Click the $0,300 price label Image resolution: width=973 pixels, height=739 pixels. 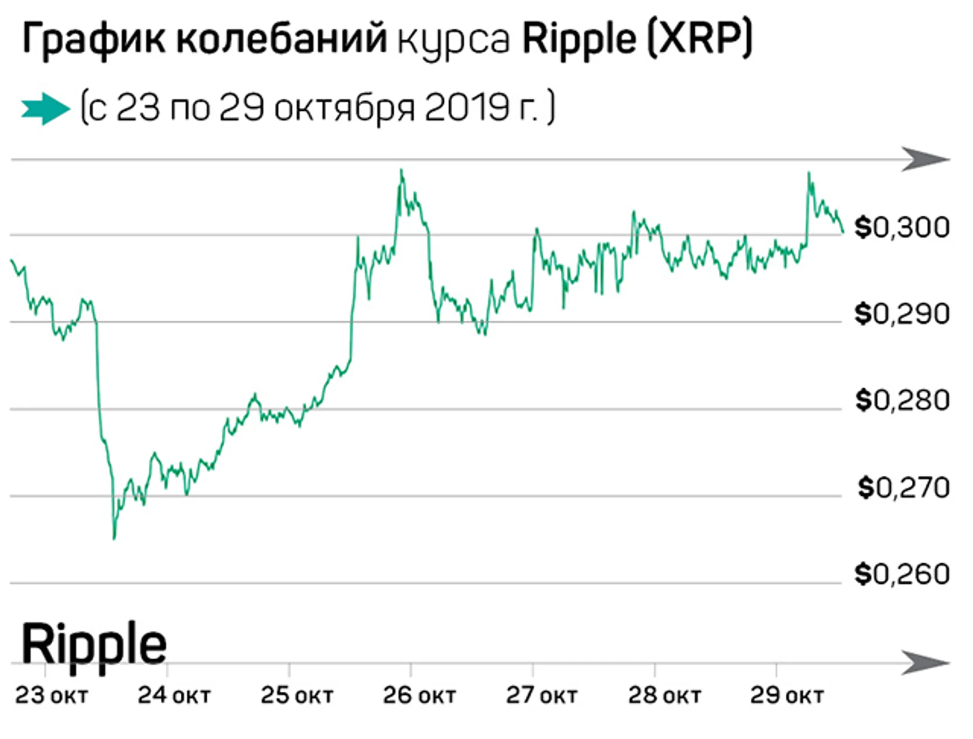(902, 228)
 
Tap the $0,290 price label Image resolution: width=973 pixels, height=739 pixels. (902, 314)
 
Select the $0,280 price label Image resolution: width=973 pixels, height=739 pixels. (902, 401)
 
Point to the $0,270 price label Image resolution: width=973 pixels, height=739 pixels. (904, 488)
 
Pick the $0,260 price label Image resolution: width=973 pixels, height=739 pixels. (902, 575)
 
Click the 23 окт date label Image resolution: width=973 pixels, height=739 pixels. (51, 696)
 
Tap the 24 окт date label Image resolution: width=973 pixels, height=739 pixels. (174, 696)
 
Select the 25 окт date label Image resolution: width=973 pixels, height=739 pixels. (297, 696)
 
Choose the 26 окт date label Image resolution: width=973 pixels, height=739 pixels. (419, 696)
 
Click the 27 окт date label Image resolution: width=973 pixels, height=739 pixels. (541, 696)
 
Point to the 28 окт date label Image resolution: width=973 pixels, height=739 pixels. (664, 696)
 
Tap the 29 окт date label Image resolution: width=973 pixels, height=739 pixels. (787, 696)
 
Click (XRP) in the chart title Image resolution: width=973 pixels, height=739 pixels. (700, 40)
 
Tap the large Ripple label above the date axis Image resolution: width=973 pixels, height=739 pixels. (94, 644)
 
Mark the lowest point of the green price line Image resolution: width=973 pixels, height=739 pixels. (114, 538)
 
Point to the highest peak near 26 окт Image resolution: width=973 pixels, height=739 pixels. (401, 170)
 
